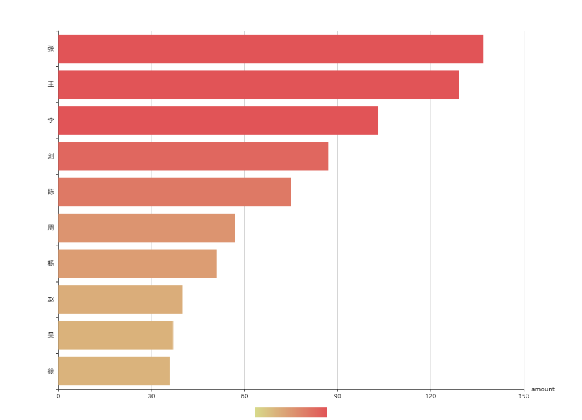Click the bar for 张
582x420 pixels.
tap(271, 49)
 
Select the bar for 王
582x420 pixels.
tap(258, 85)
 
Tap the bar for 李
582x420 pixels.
tap(218, 120)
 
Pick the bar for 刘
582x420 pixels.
tap(193, 156)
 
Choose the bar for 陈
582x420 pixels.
tap(174, 192)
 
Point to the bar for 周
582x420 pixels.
tap(147, 228)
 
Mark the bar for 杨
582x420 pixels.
tap(137, 264)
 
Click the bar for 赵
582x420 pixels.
tap(120, 299)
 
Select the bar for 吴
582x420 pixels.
tap(115, 335)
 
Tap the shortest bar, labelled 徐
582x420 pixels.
tap(114, 371)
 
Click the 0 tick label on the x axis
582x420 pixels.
tap(58, 396)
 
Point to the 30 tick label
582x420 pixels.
tap(151, 396)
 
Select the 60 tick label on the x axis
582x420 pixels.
tap(244, 396)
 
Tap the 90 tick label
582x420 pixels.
tap(337, 396)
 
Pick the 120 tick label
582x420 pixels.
tap(431, 396)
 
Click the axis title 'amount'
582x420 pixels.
tap(543, 389)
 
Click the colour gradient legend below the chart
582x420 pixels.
tap(291, 412)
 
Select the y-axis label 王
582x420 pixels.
tap(51, 85)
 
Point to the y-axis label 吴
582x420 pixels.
tap(51, 335)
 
